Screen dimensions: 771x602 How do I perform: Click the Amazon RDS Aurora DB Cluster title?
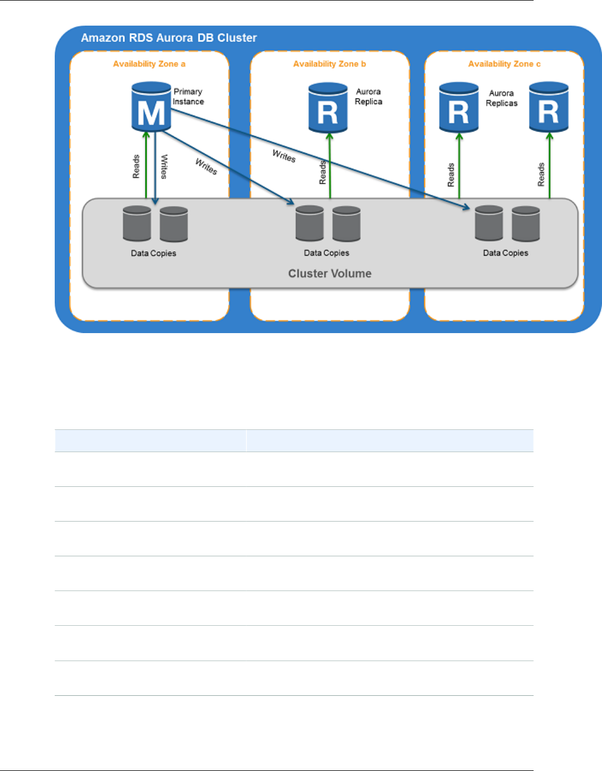169,38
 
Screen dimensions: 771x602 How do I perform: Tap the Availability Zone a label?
149,64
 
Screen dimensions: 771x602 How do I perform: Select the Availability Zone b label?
330,64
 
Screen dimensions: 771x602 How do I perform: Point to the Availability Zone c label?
504,64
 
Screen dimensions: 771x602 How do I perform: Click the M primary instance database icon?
151,107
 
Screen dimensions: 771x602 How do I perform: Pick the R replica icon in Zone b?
328,108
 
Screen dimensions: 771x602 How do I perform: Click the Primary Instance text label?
188,96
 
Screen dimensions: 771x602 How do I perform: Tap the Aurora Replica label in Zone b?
368,96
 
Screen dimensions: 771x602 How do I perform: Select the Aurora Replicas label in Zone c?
502,98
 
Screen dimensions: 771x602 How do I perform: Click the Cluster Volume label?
330,273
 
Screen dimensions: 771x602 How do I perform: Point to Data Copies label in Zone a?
153,253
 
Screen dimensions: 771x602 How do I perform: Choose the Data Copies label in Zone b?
326,253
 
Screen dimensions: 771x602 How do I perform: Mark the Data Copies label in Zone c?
506,253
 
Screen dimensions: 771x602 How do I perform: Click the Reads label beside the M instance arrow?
136,167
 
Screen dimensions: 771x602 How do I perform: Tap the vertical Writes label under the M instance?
164,167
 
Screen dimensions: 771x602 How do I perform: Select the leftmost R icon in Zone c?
459,108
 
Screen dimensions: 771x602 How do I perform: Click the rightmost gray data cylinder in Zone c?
526,224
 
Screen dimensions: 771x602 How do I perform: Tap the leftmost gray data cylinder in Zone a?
137,224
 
